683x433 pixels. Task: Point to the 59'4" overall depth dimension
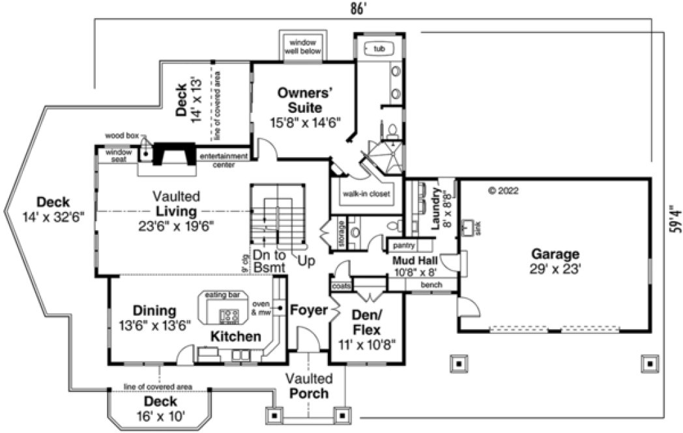pos(675,219)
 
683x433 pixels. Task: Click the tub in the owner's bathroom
pos(379,48)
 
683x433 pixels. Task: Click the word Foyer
pos(308,310)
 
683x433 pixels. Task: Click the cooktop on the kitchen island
pos(229,316)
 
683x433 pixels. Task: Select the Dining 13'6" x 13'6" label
pos(154,318)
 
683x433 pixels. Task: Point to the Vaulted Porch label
pos(309,386)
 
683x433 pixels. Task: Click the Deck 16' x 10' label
pos(160,408)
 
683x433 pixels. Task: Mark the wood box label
pos(123,135)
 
